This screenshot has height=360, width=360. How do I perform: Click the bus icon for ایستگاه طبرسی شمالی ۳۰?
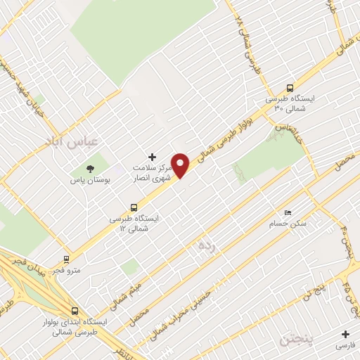click(x=290, y=88)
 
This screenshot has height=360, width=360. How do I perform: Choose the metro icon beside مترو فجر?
click(x=67, y=259)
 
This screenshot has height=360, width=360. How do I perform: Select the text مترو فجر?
click(x=67, y=270)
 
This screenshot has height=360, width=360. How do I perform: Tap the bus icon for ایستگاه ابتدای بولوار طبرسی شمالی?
click(x=75, y=311)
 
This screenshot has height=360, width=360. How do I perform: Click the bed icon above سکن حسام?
click(x=287, y=212)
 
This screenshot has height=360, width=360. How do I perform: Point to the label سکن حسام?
click(x=288, y=224)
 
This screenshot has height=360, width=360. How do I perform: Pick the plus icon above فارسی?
click(x=345, y=334)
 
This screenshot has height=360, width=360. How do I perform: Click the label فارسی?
click(x=345, y=345)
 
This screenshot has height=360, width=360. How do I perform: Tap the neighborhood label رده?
click(x=205, y=245)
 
